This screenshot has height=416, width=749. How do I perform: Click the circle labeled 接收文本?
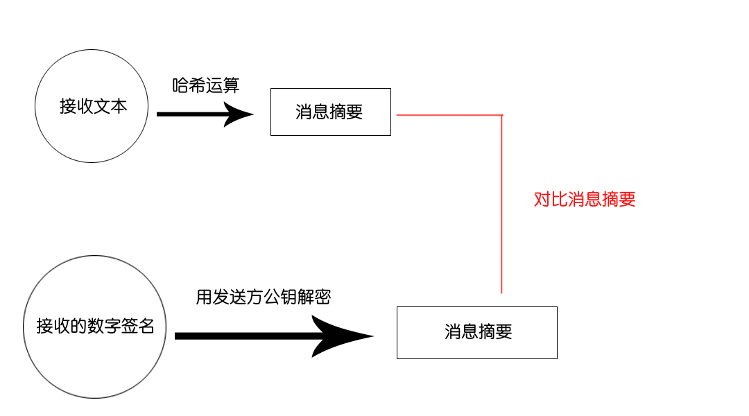click(x=91, y=106)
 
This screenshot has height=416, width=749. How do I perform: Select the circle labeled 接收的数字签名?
click(x=95, y=327)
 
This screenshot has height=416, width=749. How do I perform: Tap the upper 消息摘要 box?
click(x=330, y=112)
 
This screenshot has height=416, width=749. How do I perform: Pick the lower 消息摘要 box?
click(x=476, y=332)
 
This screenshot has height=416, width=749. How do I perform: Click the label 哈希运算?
click(x=206, y=85)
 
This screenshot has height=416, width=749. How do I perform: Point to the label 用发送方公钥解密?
click(x=264, y=297)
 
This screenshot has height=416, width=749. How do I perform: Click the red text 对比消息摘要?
click(x=585, y=200)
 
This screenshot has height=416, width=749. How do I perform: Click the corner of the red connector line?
click(x=501, y=115)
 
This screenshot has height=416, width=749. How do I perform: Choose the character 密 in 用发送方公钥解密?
click(x=323, y=297)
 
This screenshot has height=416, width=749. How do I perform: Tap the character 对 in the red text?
click(x=542, y=200)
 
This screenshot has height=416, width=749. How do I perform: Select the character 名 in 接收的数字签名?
click(x=146, y=327)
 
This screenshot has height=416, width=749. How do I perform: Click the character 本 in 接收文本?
click(x=119, y=106)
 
